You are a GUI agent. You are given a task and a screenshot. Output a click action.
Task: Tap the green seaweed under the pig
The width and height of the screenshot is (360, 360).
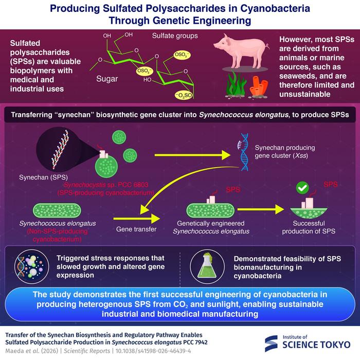point(237,84)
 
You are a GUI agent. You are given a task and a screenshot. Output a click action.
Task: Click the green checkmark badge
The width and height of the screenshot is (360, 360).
point(302,188)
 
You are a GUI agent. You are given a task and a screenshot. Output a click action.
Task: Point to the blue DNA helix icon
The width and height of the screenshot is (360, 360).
point(243,152)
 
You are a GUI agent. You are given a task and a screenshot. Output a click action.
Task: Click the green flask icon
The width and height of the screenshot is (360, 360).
point(207,266)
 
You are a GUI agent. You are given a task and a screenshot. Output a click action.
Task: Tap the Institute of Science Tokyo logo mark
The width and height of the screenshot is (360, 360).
point(271,343)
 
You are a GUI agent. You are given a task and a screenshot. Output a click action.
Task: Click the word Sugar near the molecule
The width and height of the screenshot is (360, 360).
point(107,79)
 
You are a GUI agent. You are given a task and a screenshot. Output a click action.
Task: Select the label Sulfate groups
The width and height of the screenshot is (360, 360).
point(175,36)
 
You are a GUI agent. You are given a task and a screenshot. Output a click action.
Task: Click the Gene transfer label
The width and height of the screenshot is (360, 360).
point(136,229)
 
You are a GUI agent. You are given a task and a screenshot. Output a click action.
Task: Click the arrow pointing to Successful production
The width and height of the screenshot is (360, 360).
point(261,209)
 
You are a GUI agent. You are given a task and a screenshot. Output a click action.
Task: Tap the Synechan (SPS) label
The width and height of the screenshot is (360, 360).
point(43,177)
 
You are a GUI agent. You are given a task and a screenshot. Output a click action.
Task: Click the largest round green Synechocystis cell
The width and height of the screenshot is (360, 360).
point(106,167)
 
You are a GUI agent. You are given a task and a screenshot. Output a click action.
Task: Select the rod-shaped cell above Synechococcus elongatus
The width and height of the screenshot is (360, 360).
point(57,210)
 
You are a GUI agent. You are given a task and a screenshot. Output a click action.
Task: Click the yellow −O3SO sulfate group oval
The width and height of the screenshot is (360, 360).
point(184,95)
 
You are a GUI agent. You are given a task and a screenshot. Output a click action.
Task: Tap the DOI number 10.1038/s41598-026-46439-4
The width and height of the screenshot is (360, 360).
point(153,351)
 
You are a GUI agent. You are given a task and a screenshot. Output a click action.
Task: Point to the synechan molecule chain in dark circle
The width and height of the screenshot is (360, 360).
point(60,150)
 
